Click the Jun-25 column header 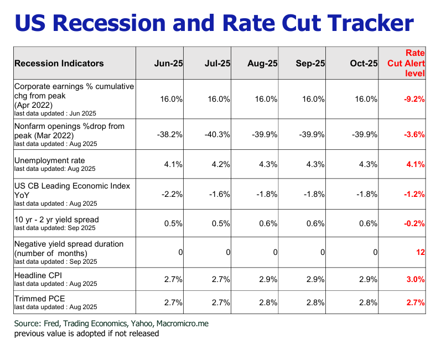pyautogui.click(x=168, y=64)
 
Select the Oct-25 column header pyautogui.click(x=364, y=64)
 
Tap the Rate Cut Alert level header pyautogui.click(x=410, y=63)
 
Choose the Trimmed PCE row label pyautogui.click(x=39, y=299)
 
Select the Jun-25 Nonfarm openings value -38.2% pyautogui.click(x=169, y=134)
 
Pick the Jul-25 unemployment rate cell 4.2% pyautogui.click(x=220, y=164)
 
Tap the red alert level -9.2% pyautogui.click(x=414, y=100)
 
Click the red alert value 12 pyautogui.click(x=420, y=252)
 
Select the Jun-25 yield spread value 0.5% pyautogui.click(x=173, y=224)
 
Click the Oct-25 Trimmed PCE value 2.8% pyautogui.click(x=367, y=302)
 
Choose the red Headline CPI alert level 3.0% pyautogui.click(x=415, y=279)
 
